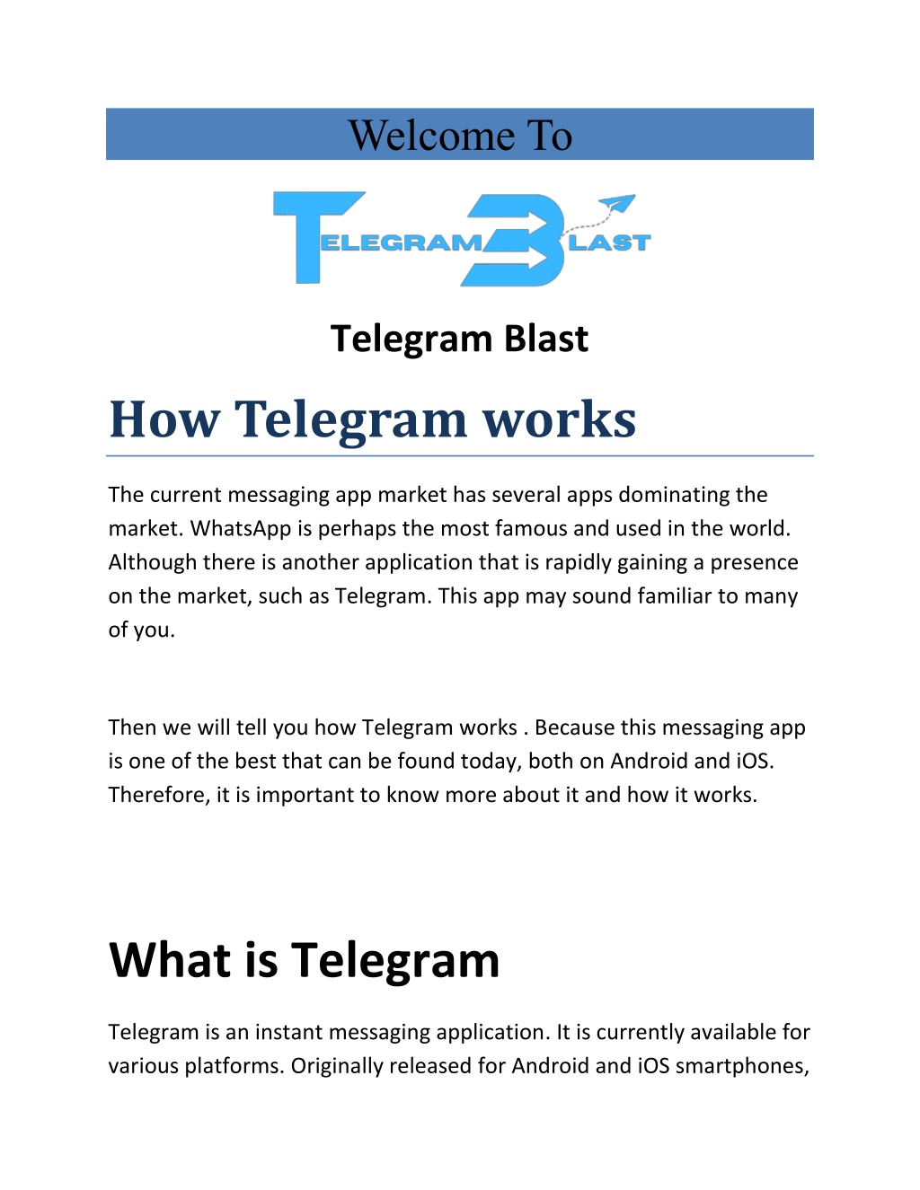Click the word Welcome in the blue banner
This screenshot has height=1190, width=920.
point(431,136)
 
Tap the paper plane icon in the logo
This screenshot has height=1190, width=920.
point(617,204)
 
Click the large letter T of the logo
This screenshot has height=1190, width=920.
point(319,237)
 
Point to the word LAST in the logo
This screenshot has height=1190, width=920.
point(610,242)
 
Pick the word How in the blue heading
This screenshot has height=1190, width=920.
point(164,419)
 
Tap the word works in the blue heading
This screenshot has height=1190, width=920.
point(559,419)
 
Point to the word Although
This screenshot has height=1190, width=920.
point(152,563)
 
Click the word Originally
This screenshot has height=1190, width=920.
point(337,1067)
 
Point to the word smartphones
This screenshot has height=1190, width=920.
point(739,1067)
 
